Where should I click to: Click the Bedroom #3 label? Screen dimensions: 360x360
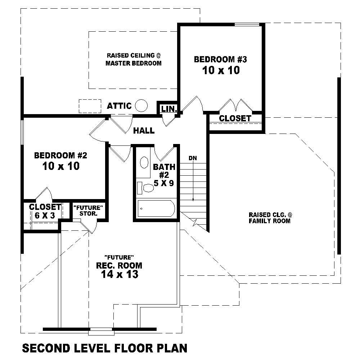click(x=220, y=59)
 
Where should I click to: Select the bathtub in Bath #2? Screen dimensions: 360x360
click(x=157, y=209)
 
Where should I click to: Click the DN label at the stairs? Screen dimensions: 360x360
click(x=193, y=158)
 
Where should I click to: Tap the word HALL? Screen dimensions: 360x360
click(x=144, y=131)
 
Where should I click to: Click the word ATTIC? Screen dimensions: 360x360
click(x=119, y=106)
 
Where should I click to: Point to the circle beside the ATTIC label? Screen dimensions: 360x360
click(x=141, y=105)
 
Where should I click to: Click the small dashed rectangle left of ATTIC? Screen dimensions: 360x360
click(x=90, y=106)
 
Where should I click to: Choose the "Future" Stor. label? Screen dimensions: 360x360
click(x=89, y=211)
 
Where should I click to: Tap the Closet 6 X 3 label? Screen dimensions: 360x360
click(x=45, y=211)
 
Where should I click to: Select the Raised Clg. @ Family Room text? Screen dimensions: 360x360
click(x=270, y=218)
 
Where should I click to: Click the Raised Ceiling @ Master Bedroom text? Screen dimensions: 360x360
click(x=133, y=59)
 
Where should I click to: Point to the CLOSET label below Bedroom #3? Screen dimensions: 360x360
click(x=235, y=118)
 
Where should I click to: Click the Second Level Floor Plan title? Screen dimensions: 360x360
click(x=105, y=348)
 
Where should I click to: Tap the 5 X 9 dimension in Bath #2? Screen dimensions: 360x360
click(x=164, y=183)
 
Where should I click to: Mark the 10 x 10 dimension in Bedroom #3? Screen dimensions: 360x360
click(x=221, y=70)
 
